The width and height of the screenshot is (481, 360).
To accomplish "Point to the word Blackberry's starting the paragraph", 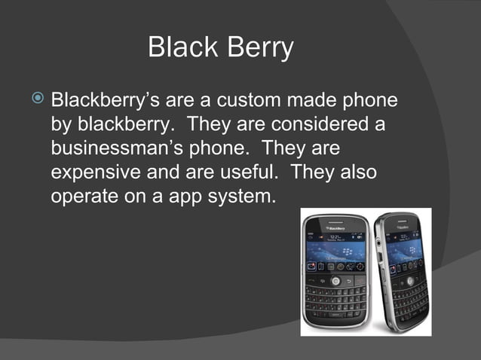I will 107,100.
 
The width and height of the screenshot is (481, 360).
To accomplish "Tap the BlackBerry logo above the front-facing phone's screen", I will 337,227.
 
